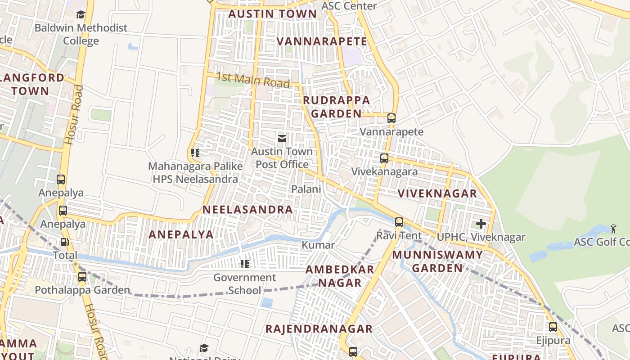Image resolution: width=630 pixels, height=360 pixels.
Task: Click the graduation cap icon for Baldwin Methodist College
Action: click(81, 15)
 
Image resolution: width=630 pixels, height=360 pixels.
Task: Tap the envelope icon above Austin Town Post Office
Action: click(282, 138)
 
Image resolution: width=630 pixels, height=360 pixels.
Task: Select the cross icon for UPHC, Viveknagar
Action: click(481, 224)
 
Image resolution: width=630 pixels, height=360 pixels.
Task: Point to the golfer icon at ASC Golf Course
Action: click(613, 229)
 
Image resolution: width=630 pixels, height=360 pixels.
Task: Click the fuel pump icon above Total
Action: click(65, 242)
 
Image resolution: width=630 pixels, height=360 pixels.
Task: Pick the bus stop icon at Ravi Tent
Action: click(399, 222)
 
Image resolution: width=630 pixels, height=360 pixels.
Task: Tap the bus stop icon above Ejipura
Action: click(553, 327)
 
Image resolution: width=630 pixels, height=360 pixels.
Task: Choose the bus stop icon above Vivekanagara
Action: click(384, 158)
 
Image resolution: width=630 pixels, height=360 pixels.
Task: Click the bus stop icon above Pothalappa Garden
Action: click(82, 277)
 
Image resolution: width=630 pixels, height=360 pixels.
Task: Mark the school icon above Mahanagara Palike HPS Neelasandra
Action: click(195, 153)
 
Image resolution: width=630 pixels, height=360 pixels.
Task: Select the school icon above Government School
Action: click(245, 264)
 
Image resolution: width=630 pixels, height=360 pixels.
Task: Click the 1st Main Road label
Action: click(253, 80)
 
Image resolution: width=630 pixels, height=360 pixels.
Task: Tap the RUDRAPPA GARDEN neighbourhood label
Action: click(337, 107)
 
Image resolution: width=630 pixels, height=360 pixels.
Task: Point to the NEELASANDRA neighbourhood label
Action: click(247, 210)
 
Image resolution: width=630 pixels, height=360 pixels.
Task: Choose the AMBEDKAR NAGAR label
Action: click(340, 276)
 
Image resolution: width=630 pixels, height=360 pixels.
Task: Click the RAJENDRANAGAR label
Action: click(319, 329)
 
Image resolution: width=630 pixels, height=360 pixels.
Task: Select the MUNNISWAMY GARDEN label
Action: click(437, 261)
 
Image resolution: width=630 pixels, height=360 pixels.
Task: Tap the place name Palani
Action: click(306, 189)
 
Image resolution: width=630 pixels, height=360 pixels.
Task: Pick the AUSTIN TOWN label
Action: click(273, 14)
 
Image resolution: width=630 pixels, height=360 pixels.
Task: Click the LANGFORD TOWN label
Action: click(31, 84)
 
